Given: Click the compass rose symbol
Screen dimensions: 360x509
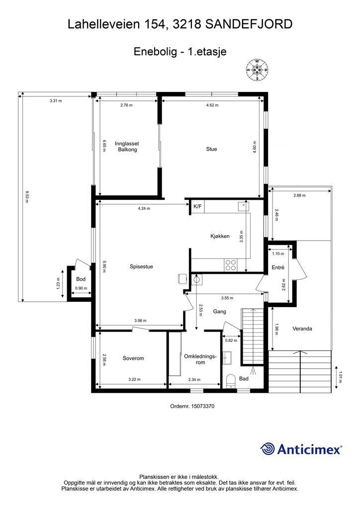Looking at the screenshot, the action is point(257,70).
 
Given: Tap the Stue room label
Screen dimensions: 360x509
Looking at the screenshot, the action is point(211,149).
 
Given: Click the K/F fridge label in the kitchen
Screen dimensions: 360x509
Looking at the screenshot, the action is point(197,206).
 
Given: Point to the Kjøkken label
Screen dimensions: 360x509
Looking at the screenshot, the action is point(220,236).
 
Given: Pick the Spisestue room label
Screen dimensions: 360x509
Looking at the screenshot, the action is point(141,266).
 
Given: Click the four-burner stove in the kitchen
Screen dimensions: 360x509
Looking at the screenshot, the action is point(231,265).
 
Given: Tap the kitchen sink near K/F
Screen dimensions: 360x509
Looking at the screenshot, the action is point(243,206).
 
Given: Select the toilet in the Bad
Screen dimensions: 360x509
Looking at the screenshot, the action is point(231,381).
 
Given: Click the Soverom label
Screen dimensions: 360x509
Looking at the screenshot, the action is point(133,358).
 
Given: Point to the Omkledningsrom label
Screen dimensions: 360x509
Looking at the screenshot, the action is point(200,359).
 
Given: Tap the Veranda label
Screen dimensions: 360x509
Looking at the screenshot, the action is point(302,329).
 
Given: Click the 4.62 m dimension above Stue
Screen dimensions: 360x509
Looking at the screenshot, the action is point(212,105).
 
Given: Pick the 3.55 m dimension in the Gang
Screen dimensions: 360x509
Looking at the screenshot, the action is point(227,298).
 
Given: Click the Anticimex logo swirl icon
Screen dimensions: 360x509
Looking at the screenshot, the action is point(268,449).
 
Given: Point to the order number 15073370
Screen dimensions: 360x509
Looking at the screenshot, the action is point(203,406).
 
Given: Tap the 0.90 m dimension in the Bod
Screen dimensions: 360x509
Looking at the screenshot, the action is point(81,288).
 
